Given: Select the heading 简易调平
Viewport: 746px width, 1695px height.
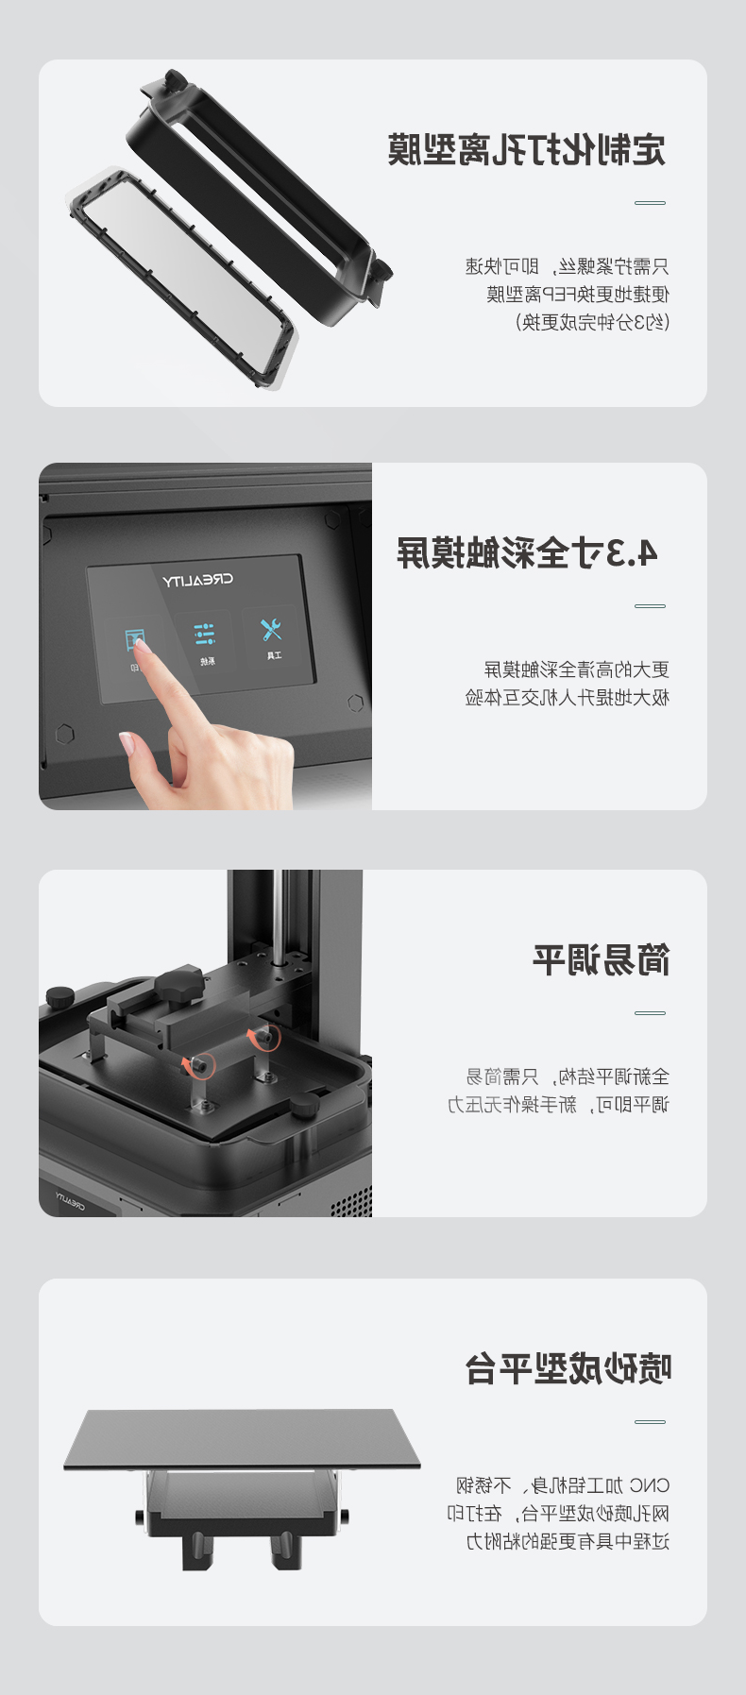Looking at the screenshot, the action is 602,960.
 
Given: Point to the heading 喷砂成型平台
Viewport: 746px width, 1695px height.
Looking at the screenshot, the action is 568,1368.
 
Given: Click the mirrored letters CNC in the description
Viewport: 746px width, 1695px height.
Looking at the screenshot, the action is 649,1485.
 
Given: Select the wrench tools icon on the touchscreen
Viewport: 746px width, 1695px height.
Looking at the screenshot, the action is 272,628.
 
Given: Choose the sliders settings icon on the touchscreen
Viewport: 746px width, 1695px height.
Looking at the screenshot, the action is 205,634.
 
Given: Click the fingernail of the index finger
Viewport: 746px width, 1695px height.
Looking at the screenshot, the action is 139,641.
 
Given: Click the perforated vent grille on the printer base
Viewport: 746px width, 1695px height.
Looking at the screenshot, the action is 350,1201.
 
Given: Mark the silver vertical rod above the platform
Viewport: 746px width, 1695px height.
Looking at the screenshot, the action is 279,916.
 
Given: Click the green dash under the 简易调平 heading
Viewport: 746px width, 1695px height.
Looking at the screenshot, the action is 650,1013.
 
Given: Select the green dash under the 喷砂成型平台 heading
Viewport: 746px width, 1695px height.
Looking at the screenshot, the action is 650,1421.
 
